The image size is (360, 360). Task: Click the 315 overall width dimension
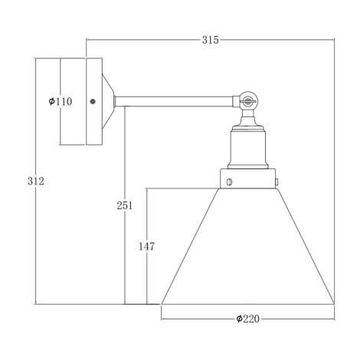[x=209, y=40]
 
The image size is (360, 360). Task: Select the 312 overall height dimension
[x=35, y=182]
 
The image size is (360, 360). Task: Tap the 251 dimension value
[x=125, y=205]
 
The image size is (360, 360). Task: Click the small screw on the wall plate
[x=92, y=101]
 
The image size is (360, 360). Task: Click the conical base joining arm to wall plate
[x=107, y=100]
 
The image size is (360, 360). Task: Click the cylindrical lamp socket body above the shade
[x=249, y=146]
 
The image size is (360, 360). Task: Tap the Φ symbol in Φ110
[x=51, y=101]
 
